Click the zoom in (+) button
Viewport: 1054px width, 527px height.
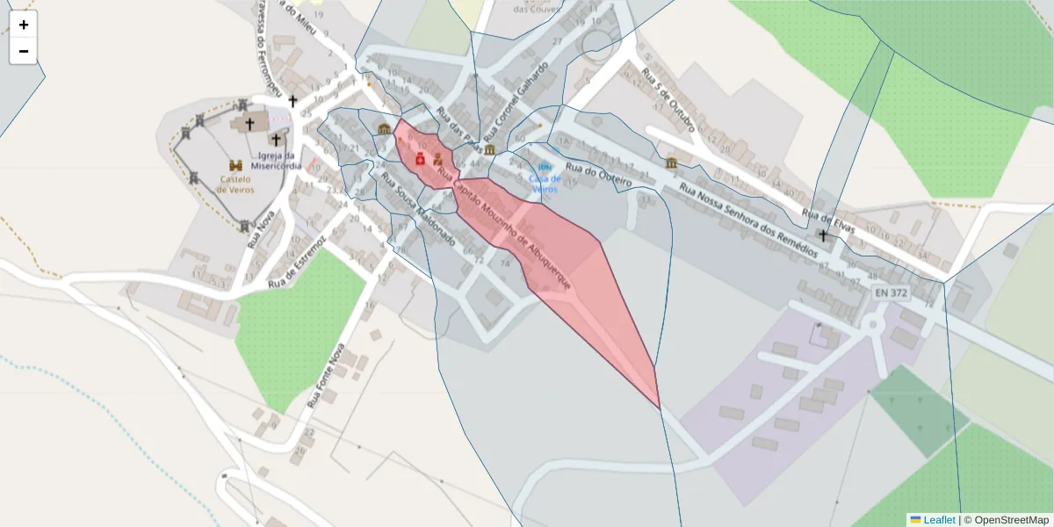click(x=24, y=25)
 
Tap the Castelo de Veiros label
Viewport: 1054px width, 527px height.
click(x=235, y=183)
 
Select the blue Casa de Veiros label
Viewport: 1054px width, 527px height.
click(x=545, y=184)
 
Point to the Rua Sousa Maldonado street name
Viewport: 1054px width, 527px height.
click(x=417, y=208)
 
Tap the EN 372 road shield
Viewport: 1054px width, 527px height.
click(x=890, y=292)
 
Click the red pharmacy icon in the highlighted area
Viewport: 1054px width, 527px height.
click(x=420, y=158)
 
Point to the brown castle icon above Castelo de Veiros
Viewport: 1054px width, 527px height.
click(x=235, y=165)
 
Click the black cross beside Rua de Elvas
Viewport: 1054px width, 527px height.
click(x=823, y=235)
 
